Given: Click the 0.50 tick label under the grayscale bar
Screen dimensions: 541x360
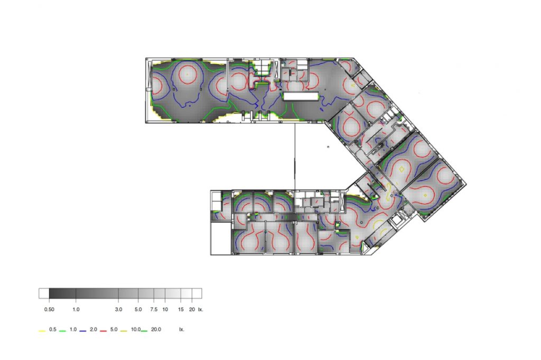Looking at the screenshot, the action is coord(49,309).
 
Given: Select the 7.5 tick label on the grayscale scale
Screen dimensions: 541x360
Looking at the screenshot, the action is coord(154,309).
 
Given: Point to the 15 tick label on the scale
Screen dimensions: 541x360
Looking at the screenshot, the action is coord(181,309).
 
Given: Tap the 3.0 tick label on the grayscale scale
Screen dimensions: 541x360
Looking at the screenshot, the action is coord(118,309).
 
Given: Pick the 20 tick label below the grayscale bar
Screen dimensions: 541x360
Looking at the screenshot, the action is coord(192,309).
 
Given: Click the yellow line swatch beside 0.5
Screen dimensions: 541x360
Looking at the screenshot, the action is coord(42,331).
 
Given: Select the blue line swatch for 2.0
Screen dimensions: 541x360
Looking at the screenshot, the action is coord(83,331).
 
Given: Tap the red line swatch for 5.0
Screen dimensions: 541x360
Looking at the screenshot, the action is coord(103,331).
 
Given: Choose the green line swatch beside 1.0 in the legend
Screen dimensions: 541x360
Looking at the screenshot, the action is coord(62,331).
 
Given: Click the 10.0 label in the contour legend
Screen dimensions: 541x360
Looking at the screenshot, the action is coord(136,329).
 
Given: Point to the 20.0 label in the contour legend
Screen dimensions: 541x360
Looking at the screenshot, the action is coord(156,329).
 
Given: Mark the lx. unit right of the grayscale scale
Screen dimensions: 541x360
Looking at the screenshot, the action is coord(201,309).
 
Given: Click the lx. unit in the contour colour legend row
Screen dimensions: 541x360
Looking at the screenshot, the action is coord(182,329).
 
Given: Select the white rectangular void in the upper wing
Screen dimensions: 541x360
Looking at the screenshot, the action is coord(301,96).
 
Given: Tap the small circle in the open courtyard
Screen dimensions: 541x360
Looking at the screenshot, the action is coord(328,146).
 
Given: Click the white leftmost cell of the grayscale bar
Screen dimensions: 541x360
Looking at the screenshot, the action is coord(44,293).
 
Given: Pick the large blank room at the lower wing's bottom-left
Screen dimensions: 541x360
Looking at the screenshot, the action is coord(221,238).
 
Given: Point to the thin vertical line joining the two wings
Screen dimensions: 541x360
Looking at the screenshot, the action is coord(295,156).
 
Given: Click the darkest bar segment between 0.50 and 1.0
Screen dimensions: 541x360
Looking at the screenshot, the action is coord(62,293).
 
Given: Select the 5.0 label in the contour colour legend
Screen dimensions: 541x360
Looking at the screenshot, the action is coord(114,329).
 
